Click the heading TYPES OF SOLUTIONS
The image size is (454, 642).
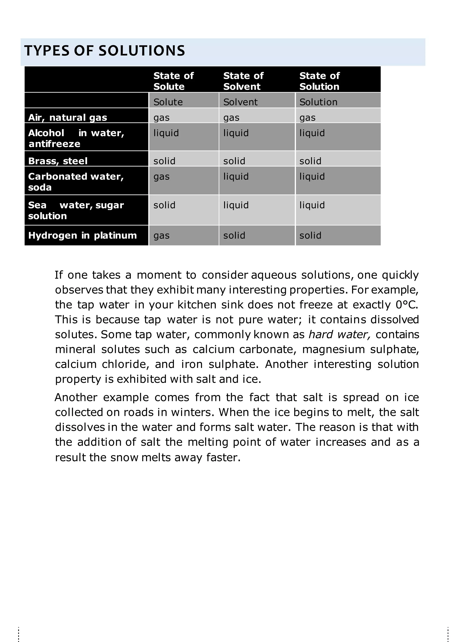(x=105, y=51)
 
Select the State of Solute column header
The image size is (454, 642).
(x=173, y=81)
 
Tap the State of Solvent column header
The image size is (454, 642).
(x=243, y=81)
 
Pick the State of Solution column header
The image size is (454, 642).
(x=319, y=81)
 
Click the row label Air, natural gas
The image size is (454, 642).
(x=67, y=117)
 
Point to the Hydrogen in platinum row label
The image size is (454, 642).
(x=82, y=235)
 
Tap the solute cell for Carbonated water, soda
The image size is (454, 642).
(x=162, y=177)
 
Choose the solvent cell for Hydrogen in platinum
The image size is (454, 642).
(x=234, y=235)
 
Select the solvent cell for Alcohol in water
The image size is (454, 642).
(x=236, y=133)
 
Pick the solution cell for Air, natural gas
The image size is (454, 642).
(x=307, y=117)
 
